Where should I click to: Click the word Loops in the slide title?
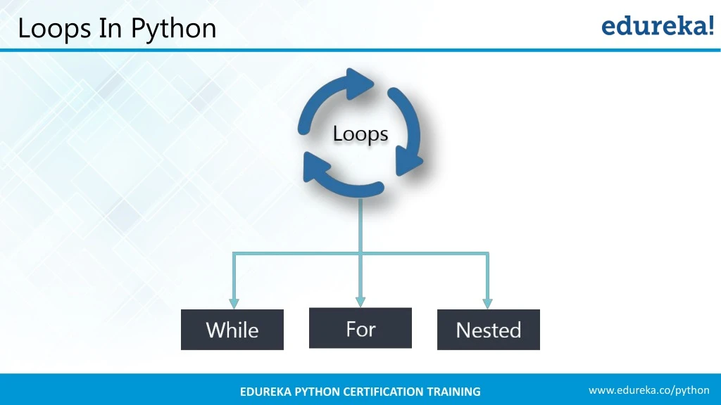tap(54, 29)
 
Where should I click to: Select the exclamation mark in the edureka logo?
tap(709, 25)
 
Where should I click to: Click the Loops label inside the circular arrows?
tap(360, 134)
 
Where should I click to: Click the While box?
tap(232, 330)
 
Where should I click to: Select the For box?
tap(360, 328)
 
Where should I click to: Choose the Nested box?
tap(488, 330)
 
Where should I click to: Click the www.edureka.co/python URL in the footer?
tap(648, 390)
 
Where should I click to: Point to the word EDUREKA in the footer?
tap(267, 392)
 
